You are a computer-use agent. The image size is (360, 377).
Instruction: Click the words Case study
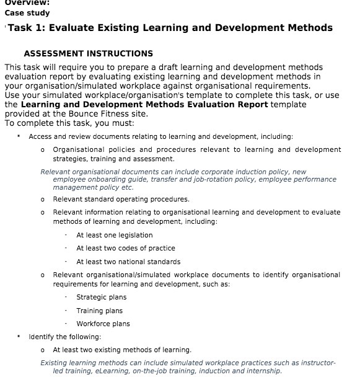coord(27,13)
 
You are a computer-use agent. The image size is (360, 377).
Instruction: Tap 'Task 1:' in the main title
coord(28,28)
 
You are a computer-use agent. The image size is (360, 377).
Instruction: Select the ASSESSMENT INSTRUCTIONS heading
coord(88,54)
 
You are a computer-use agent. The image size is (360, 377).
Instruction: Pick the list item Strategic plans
coord(101,298)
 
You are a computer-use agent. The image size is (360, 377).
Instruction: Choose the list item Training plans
coord(99,311)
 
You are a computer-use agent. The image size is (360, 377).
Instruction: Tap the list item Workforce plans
coord(103,324)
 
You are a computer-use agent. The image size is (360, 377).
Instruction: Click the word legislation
coord(133,236)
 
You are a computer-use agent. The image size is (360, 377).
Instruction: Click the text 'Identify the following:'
coord(64,337)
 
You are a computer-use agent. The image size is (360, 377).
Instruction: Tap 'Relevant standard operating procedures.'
coord(121,199)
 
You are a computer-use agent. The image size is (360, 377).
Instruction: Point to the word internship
coord(263,371)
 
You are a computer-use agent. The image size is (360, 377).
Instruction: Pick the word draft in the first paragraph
coord(178,67)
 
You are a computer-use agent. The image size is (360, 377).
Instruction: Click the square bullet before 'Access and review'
coord(19,136)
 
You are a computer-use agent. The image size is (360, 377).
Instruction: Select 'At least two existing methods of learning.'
coord(122,350)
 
